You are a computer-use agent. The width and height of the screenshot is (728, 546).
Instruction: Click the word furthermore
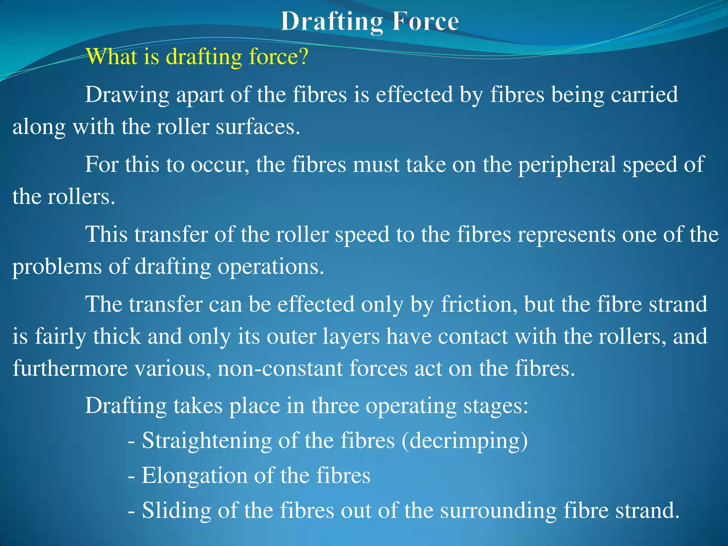(x=70, y=368)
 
